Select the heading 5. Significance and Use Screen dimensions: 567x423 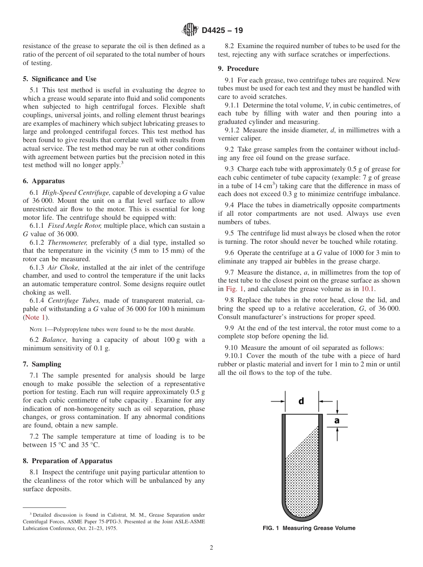pyautogui.click(x=59, y=79)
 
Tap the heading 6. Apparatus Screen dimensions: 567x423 pyautogui.click(x=44, y=181)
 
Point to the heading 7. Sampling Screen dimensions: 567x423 pyautogui.click(x=42, y=364)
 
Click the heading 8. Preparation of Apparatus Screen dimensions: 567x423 pyautogui.click(x=68, y=461)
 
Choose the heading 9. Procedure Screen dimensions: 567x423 pyautogui.click(x=238, y=69)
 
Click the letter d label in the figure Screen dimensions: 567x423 pyautogui.click(x=301, y=401)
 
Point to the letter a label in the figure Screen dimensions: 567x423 pyautogui.click(x=337, y=420)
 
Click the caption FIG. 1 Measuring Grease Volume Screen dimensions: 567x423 pyautogui.click(x=309, y=528)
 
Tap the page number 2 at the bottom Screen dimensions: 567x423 pyautogui.click(x=211, y=548)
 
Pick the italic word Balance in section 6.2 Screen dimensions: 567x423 pyautogui.click(x=54, y=340)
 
